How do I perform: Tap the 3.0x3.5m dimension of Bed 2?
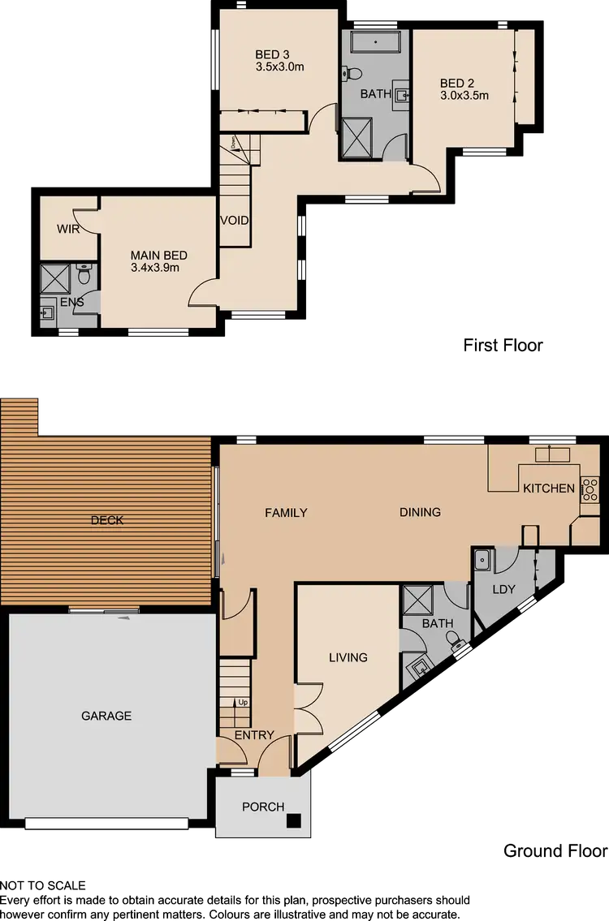464,95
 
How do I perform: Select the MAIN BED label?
154,253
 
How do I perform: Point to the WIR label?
68,230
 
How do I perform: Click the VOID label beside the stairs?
234,221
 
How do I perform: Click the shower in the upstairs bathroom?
356,136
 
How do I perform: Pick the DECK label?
107,520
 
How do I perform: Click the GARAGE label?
106,716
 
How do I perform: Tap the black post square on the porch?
294,820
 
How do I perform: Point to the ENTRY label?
254,735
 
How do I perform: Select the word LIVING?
348,657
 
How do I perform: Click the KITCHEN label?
548,488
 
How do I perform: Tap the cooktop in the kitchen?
590,488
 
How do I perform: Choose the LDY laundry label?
504,589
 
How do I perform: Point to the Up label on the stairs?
242,702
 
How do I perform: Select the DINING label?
420,512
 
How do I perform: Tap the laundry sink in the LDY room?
481,559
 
